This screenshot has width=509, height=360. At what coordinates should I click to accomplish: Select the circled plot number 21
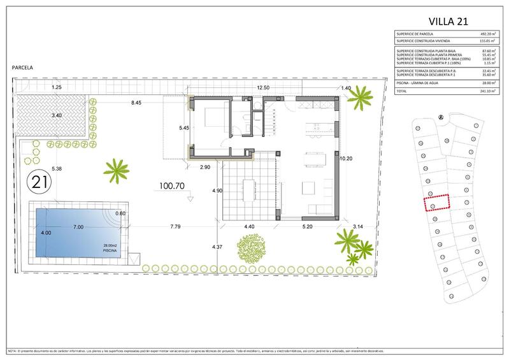39,182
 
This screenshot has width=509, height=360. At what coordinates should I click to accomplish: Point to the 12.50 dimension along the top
263,87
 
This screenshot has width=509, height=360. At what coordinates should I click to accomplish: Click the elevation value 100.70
172,187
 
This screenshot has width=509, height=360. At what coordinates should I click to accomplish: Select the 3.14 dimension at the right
357,226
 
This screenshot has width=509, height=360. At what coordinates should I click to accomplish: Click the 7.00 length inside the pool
78,227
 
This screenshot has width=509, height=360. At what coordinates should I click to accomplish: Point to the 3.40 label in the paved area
57,116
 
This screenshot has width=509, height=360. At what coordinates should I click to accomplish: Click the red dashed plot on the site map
436,204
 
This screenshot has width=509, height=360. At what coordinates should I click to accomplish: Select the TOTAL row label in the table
403,91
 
